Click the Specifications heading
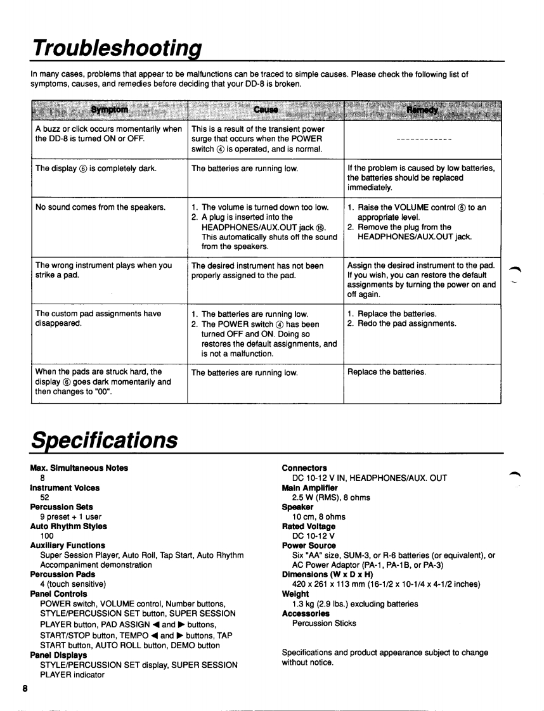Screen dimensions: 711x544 click(x=105, y=439)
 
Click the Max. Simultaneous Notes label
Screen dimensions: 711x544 click(x=79, y=468)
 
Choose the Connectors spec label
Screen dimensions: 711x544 click(x=304, y=468)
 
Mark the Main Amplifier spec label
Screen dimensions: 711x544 click(x=310, y=487)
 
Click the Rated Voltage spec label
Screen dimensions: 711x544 click(x=309, y=526)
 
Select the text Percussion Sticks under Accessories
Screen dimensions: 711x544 click(x=324, y=623)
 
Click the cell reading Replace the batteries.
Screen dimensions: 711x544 click(x=387, y=372)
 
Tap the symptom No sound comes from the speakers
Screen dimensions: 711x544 click(x=101, y=207)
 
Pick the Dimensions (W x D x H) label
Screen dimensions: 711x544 click(x=328, y=574)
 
